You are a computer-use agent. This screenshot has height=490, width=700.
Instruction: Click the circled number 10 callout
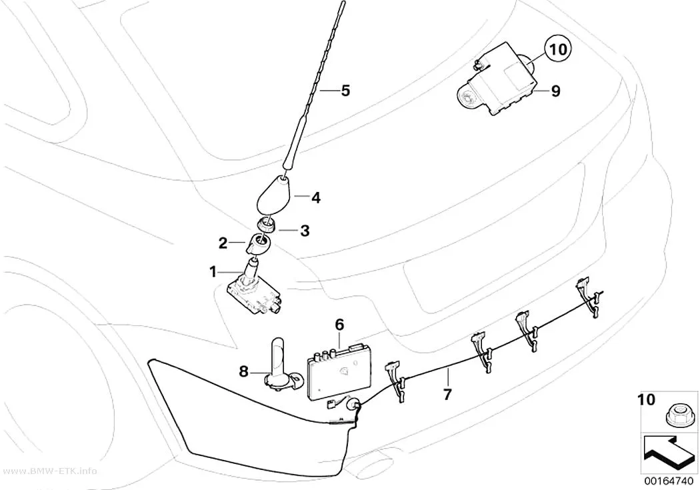click(557, 49)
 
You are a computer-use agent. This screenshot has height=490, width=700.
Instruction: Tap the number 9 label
click(555, 91)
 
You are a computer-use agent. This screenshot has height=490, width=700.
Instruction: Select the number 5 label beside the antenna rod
click(345, 91)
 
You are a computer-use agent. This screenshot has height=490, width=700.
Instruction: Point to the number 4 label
click(315, 197)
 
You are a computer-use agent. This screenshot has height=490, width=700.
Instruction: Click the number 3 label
click(305, 231)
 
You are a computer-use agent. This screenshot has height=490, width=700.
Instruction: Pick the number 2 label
click(223, 243)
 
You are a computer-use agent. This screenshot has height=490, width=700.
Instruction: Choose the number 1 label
click(213, 271)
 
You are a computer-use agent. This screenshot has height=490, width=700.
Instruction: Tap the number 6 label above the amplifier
click(339, 325)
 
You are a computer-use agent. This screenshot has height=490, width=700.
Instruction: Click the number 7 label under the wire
click(447, 393)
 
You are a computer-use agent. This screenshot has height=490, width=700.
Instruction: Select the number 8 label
click(243, 371)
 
